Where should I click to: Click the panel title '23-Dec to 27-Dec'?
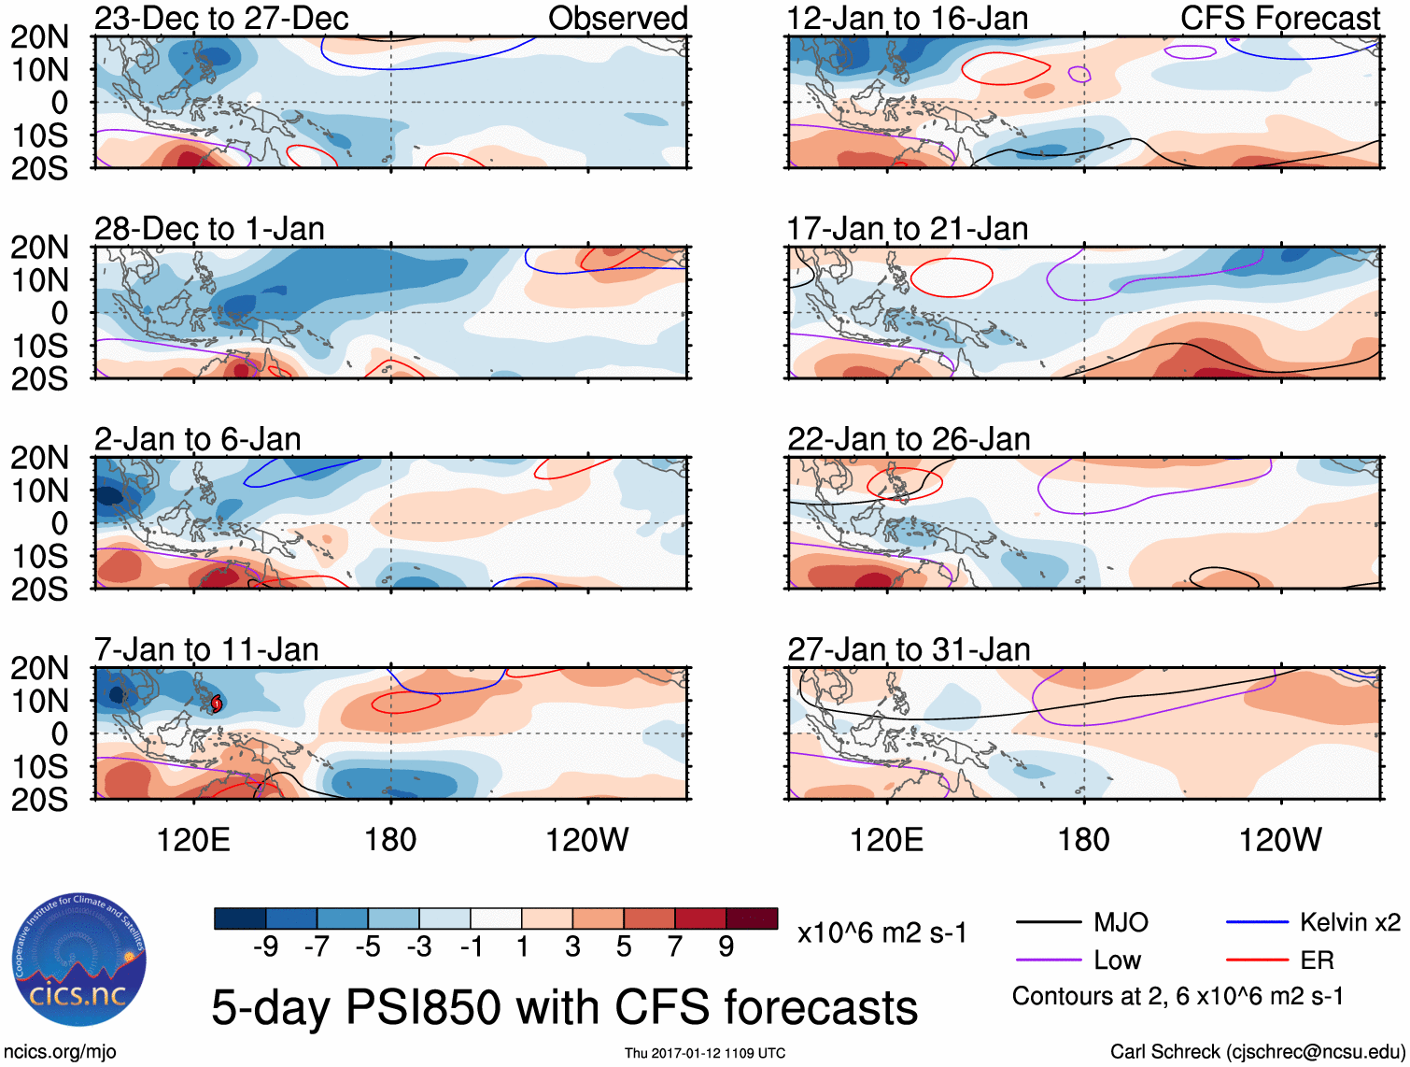[x=221, y=18]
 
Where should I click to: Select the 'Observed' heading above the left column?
[x=617, y=18]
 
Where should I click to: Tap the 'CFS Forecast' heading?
[x=1279, y=18]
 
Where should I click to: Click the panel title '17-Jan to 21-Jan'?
[x=908, y=229]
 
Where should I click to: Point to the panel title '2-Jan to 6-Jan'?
[x=198, y=439]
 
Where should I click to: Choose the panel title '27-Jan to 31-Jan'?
[x=909, y=649]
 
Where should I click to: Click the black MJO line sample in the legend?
[x=1048, y=923]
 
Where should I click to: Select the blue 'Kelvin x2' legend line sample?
[x=1257, y=923]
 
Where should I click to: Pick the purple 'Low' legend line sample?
[x=1048, y=960]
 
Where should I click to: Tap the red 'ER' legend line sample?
[x=1257, y=960]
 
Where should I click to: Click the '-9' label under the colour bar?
[x=265, y=947]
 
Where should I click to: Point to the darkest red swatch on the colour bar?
[x=752, y=918]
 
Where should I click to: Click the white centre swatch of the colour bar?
[x=496, y=918]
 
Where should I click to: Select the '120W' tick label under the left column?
[x=586, y=840]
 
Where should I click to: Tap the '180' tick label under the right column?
[x=1083, y=840]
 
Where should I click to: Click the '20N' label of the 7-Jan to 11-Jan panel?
[x=40, y=668]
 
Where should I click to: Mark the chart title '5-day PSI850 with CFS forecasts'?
[x=564, y=1007]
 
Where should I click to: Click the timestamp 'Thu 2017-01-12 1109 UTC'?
[x=705, y=1053]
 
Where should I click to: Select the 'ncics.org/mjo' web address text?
[x=60, y=1052]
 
